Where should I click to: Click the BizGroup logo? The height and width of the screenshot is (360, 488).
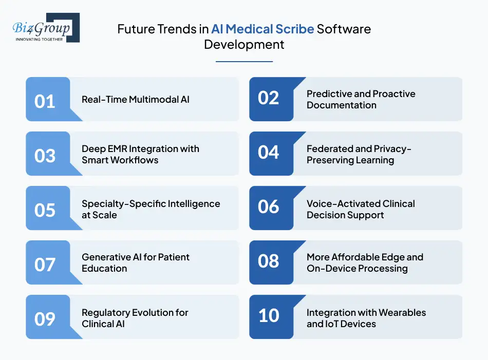point(46,27)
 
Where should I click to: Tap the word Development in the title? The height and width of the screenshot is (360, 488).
point(244,45)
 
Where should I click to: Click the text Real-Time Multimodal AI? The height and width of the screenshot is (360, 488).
point(136,99)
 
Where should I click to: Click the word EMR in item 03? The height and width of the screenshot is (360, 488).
point(117,149)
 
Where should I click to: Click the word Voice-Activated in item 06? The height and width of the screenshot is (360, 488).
point(343,204)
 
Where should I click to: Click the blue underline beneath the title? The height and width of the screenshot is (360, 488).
point(244,62)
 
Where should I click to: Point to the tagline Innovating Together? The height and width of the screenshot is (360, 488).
point(39,39)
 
